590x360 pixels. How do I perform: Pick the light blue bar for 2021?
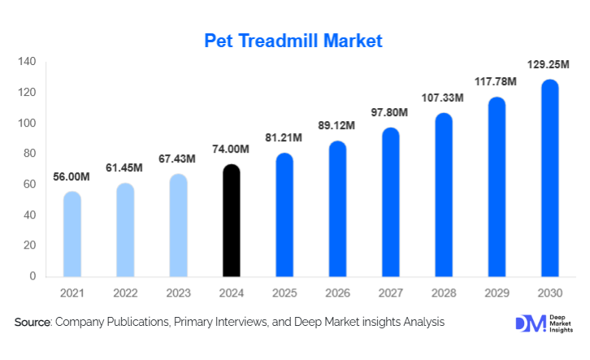pos(72,234)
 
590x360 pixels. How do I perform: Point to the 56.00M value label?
pos(72,176)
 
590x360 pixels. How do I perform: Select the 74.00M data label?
pos(231,150)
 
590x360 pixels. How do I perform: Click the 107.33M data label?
pos(442,98)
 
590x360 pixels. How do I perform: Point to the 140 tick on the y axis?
pos(27,62)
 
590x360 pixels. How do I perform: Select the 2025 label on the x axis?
pos(284,293)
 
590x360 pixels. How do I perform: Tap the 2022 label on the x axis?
pos(124,293)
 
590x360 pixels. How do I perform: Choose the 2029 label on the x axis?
pos(496,293)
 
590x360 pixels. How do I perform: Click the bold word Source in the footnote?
pos(33,323)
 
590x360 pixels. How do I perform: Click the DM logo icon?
pos(529,323)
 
